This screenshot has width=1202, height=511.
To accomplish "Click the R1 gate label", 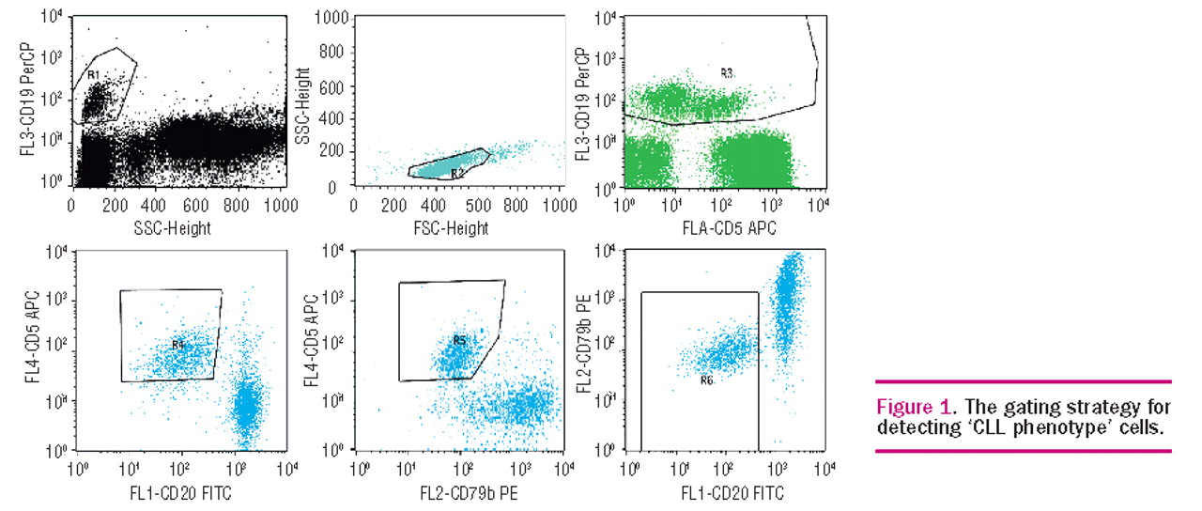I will point(93,74).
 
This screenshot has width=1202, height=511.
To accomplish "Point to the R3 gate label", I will point(727,72).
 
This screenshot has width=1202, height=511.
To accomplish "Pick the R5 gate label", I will point(460,340).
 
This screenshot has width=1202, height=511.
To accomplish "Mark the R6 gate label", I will point(708,380).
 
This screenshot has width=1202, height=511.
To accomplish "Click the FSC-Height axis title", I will point(455,227).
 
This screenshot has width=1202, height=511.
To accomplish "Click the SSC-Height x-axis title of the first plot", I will point(178,227).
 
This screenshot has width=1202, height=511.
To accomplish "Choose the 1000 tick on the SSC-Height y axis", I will point(331,18).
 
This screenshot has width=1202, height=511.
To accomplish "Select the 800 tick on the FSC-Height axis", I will point(514,205).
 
